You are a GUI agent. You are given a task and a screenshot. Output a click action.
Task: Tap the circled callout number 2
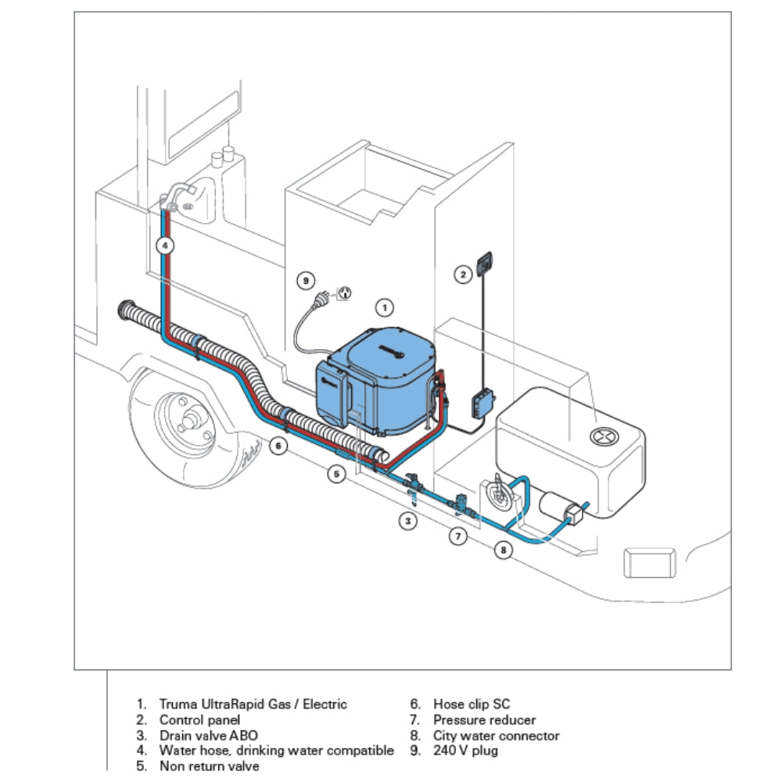[x=464, y=274]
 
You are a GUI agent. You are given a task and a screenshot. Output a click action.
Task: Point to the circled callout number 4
[x=164, y=246]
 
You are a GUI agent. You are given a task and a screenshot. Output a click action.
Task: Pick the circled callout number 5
[x=336, y=474]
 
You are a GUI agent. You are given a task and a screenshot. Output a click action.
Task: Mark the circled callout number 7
[x=459, y=536]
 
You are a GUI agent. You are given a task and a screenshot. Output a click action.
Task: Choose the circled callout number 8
[x=504, y=551]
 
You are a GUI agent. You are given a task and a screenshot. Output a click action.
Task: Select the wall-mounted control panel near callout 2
[x=486, y=261]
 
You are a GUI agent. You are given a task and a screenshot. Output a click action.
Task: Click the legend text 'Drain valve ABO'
[x=208, y=735]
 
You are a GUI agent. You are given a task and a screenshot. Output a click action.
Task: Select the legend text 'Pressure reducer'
[x=484, y=720]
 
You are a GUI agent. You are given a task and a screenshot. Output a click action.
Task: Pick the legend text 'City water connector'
[x=496, y=735]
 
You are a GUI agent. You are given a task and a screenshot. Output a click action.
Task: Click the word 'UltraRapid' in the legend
[x=227, y=705]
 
